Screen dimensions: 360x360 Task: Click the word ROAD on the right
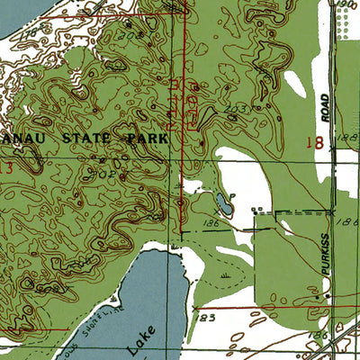(x=326, y=107)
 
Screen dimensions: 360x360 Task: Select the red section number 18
(x=314, y=140)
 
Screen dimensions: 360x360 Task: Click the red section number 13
(x=7, y=167)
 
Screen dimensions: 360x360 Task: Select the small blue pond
(x=223, y=203)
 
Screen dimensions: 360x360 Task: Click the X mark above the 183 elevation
(x=194, y=307)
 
